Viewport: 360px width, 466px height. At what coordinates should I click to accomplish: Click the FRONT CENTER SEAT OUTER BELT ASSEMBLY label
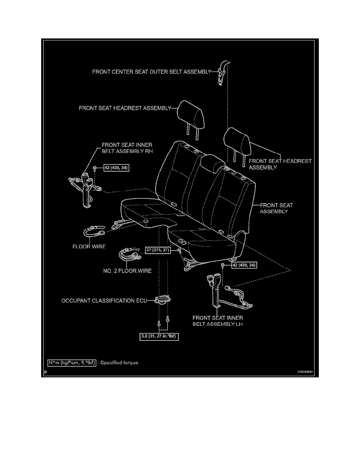point(151,72)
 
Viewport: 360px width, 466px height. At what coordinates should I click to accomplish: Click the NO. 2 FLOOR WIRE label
point(130,271)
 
